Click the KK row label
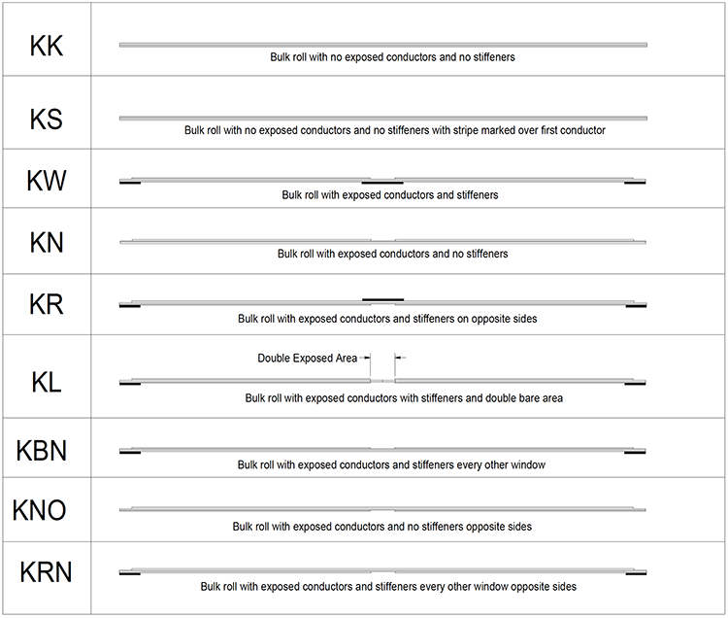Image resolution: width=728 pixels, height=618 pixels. coord(47,46)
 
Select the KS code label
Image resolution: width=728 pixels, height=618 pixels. coord(47,120)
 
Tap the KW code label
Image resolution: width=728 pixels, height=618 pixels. coord(47,181)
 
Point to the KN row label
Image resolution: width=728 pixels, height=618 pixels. coord(47,242)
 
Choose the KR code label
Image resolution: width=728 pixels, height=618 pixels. coord(47,304)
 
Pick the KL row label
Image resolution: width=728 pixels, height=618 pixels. coord(47,381)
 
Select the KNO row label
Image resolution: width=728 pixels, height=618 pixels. coord(41,510)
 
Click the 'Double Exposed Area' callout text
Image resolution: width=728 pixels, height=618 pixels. coord(307,358)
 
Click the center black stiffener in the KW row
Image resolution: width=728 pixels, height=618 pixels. coord(382,182)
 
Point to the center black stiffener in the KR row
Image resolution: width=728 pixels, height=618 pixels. coord(382,299)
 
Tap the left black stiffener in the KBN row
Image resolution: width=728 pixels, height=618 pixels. coord(130,453)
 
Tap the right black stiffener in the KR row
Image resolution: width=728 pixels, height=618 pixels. coord(635,307)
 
